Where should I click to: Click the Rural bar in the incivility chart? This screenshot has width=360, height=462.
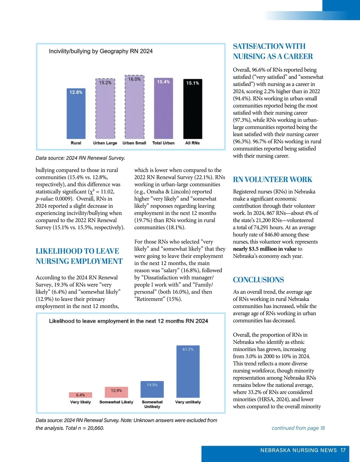coord(76,114)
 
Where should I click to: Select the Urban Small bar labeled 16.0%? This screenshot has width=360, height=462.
coord(134,108)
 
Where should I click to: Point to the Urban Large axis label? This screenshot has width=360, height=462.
coord(105,143)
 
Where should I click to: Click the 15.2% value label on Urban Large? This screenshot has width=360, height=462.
coord(105,82)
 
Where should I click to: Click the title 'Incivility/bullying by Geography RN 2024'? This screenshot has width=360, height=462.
coord(101,51)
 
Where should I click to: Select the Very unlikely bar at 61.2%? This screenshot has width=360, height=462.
coord(188,372)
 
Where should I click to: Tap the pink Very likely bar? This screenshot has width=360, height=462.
coord(80,395)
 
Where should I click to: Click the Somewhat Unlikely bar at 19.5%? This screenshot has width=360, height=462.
coord(152,389)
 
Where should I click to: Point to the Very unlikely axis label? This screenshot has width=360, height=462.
coord(188,402)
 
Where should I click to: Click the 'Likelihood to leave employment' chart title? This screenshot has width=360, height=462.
coord(128,321)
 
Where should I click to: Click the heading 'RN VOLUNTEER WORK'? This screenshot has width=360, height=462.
coord(272,179)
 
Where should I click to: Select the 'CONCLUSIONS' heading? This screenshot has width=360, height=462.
coord(258,280)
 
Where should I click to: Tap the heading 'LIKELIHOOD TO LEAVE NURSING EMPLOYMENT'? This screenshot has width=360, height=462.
coord(79,256)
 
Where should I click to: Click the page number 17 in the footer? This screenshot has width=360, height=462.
coord(343,450)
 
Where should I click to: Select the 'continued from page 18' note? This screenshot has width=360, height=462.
coord(298,428)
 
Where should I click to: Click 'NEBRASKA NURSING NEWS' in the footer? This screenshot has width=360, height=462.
coord(298,450)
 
